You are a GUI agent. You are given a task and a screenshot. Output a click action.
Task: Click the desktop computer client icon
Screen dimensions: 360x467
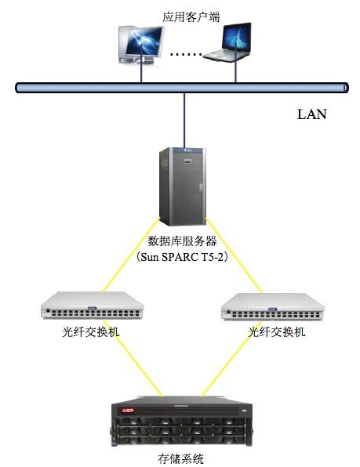point(140,45)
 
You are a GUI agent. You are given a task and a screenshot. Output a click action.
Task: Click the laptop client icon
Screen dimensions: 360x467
point(229,42)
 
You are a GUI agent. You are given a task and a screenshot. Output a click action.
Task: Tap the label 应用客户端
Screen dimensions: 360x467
point(191,16)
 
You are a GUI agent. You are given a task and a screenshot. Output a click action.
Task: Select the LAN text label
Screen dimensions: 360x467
point(311,114)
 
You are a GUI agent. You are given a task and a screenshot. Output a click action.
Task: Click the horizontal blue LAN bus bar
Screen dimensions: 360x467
point(182,88)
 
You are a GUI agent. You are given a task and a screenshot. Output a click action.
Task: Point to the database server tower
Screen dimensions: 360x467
point(183,186)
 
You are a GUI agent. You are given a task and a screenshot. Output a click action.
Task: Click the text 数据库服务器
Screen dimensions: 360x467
point(183,241)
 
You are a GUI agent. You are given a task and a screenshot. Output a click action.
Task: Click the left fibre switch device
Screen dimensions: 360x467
point(93,306)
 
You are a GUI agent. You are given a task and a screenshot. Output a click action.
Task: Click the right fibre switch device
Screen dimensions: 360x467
point(273,307)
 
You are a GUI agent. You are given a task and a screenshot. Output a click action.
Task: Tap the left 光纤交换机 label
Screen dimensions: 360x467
point(91,331)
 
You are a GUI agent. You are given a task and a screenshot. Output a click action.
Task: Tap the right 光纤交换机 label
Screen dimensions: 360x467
point(277,331)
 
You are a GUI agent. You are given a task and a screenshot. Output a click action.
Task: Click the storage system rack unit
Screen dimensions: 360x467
point(182,422)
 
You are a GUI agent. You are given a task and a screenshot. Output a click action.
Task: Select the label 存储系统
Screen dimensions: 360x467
point(181,458)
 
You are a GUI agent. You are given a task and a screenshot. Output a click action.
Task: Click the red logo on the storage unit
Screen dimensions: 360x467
point(129,411)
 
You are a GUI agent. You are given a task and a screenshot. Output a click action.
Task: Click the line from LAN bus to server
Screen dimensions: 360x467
point(184,121)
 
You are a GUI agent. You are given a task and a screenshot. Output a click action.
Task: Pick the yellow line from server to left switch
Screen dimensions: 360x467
point(132,255)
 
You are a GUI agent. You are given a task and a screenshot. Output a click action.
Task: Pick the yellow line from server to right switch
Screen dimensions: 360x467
point(235,255)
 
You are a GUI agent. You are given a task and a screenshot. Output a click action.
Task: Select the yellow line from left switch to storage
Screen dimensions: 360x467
point(133,359)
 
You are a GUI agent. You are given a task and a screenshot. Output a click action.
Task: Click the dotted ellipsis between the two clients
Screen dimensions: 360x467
point(186,55)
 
